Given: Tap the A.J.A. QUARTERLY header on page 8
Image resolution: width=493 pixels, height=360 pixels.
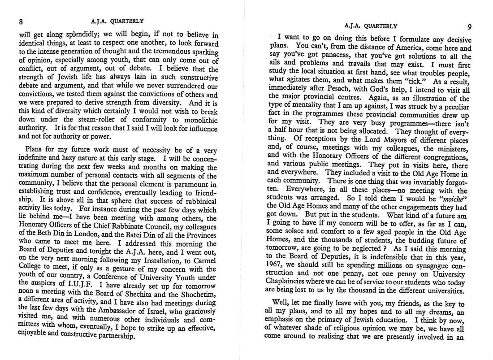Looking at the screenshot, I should (111, 21).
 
